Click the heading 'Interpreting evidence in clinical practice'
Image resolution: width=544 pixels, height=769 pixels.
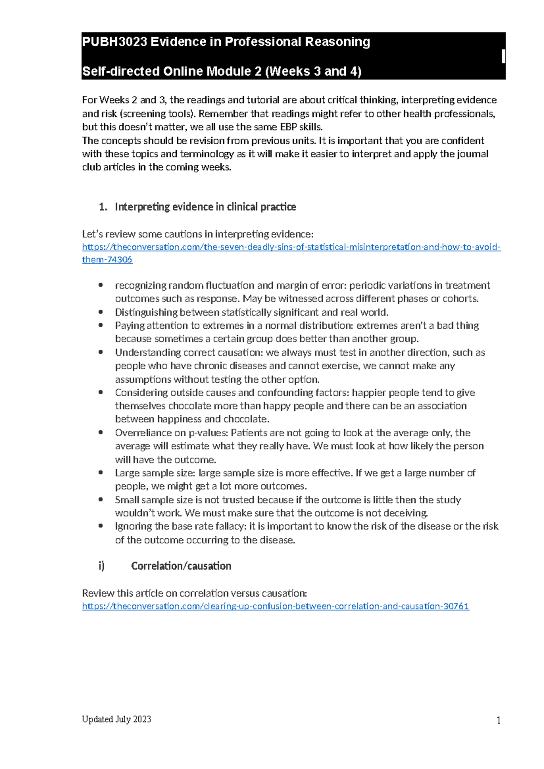[205, 207]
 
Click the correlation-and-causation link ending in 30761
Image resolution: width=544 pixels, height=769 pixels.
[275, 606]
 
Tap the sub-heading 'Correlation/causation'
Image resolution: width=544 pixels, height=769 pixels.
[181, 566]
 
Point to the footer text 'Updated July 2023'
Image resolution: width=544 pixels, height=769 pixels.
[117, 719]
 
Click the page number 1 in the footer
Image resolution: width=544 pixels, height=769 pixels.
[498, 720]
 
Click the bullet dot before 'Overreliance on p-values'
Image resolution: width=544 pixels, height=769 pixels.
[101, 433]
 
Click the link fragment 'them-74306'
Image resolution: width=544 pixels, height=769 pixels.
[107, 260]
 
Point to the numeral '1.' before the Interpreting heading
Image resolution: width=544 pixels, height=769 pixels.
[103, 207]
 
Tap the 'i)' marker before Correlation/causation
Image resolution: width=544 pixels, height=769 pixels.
[102, 566]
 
